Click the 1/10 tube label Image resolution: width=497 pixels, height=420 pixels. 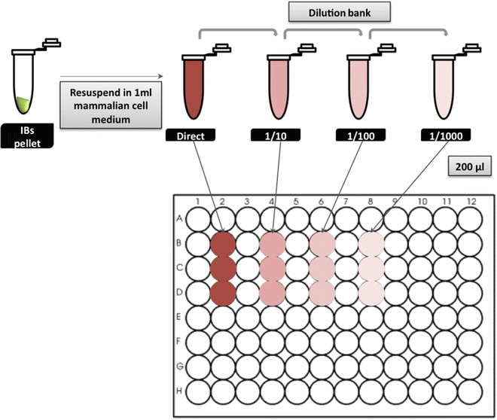pos(278,135)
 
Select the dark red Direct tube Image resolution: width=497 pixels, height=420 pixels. pos(197,87)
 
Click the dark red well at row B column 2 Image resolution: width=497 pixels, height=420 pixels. pos(222,244)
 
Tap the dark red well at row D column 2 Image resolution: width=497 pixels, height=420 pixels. pos(222,293)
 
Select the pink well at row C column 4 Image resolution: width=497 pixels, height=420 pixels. pos(272,268)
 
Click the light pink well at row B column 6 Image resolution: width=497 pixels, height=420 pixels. pos(322,244)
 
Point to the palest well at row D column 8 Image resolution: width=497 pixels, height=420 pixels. pos(370,293)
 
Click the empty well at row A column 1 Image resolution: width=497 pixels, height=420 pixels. pos(198,219)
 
